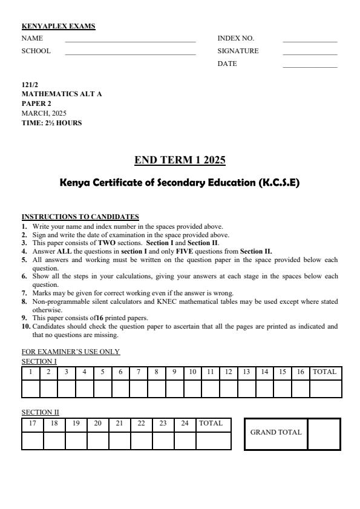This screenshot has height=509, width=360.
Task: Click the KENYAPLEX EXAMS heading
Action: [58, 26]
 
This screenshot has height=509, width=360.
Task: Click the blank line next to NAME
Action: [130, 41]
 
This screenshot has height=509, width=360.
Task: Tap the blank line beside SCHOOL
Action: [130, 53]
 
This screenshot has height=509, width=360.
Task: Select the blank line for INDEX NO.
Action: [310, 41]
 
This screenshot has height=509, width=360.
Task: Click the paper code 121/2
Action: [30, 85]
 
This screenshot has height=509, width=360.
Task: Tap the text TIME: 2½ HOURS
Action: [51, 123]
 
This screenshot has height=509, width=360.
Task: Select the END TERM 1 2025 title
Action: [180, 160]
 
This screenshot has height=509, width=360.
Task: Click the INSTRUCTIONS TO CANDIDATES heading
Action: [80, 217]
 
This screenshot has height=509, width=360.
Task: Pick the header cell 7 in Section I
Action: [139, 372]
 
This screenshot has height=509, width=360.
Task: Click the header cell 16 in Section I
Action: [300, 372]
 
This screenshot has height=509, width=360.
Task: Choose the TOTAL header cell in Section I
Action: [325, 372]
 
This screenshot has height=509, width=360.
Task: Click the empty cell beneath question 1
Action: [31, 389]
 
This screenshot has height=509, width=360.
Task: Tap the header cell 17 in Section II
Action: [33, 424]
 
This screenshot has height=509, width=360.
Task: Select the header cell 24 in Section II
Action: [185, 424]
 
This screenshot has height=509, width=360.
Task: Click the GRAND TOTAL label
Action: [276, 433]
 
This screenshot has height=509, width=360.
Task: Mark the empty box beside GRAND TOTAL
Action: [324, 433]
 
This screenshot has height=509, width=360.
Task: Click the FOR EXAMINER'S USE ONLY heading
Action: [71, 352]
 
